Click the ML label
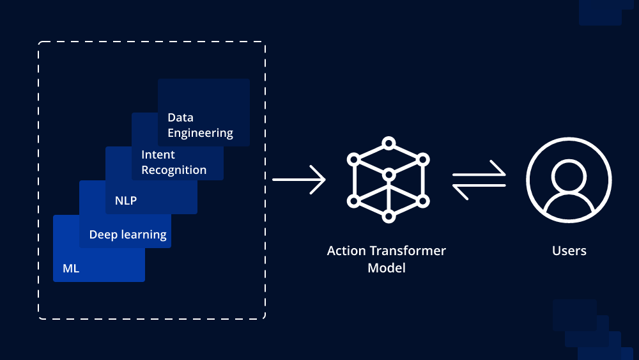click(x=71, y=269)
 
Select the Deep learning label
click(x=128, y=235)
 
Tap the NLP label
click(x=126, y=201)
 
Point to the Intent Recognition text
click(x=174, y=162)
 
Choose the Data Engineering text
click(x=200, y=125)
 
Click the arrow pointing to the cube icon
click(x=299, y=180)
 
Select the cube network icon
click(x=388, y=180)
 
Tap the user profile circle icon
click(x=569, y=180)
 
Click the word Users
click(x=569, y=251)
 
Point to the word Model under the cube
click(x=387, y=268)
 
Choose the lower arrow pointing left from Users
click(x=479, y=186)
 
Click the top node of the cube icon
click(x=388, y=143)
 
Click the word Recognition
click(x=174, y=170)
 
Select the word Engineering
click(x=200, y=133)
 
